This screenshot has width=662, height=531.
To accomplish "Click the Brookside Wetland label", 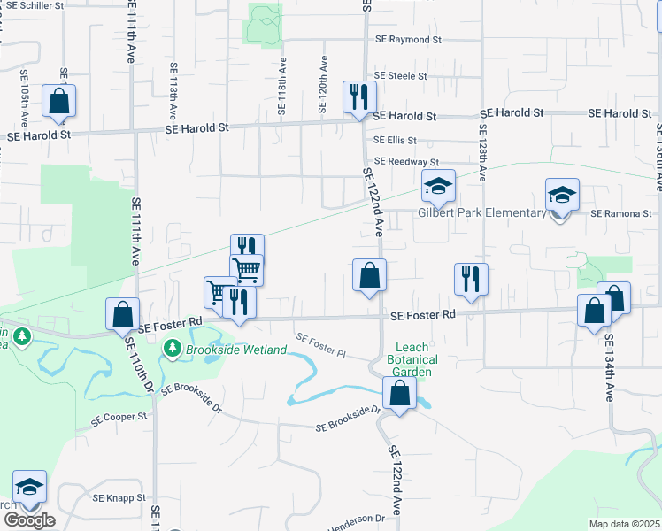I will point(236,350).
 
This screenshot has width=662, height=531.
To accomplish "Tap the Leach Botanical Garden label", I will point(412,359).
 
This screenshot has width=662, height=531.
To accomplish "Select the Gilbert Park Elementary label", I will point(482,212).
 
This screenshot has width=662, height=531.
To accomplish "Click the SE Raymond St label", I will point(408,40).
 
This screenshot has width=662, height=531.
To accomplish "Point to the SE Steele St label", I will point(400,76).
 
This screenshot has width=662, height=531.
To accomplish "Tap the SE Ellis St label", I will point(395,140).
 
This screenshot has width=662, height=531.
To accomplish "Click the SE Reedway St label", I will point(406,162).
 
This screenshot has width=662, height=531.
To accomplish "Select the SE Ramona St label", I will point(620,214).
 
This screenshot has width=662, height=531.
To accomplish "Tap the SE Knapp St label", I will point(120,498).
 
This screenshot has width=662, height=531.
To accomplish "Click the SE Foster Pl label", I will point(319,345).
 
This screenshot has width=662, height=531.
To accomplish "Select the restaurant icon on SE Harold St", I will point(358,96).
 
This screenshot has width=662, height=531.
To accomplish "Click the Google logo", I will point(28,520).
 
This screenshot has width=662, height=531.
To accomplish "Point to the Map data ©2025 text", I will point(624,524).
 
